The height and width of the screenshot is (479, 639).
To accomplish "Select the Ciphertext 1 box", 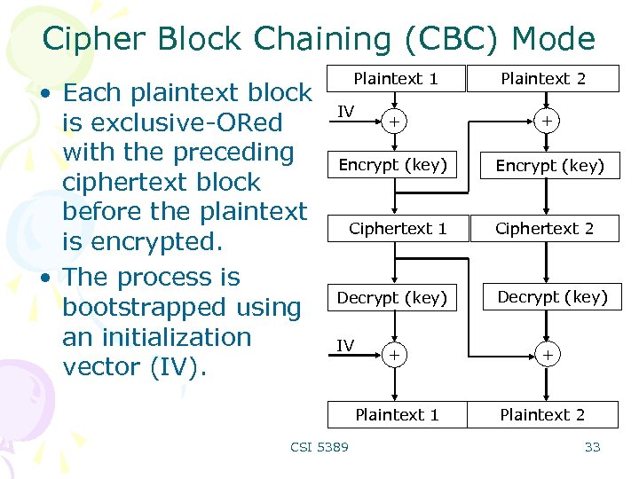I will click(x=397, y=229).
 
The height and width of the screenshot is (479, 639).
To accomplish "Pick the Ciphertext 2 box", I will click(x=544, y=229).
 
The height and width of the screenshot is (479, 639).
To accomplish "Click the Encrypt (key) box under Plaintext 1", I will click(x=393, y=165).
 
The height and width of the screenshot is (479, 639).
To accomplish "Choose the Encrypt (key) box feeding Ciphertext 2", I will click(x=549, y=166).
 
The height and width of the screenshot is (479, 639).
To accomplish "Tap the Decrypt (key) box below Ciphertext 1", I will click(x=391, y=298).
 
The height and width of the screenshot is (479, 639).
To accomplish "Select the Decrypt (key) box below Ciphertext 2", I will click(x=552, y=297).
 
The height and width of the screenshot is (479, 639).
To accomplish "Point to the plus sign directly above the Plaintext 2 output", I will click(x=548, y=355).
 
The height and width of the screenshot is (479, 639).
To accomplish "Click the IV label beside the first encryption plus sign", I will click(x=347, y=110).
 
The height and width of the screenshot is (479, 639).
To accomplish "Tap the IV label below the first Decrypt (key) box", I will click(x=345, y=345).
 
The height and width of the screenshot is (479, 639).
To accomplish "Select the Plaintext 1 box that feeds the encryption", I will click(x=396, y=79).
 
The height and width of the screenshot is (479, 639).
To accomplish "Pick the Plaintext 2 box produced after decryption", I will click(x=542, y=414).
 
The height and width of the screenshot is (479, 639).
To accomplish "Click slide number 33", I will click(x=592, y=447).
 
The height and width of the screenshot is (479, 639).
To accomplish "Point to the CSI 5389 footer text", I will click(x=319, y=447).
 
